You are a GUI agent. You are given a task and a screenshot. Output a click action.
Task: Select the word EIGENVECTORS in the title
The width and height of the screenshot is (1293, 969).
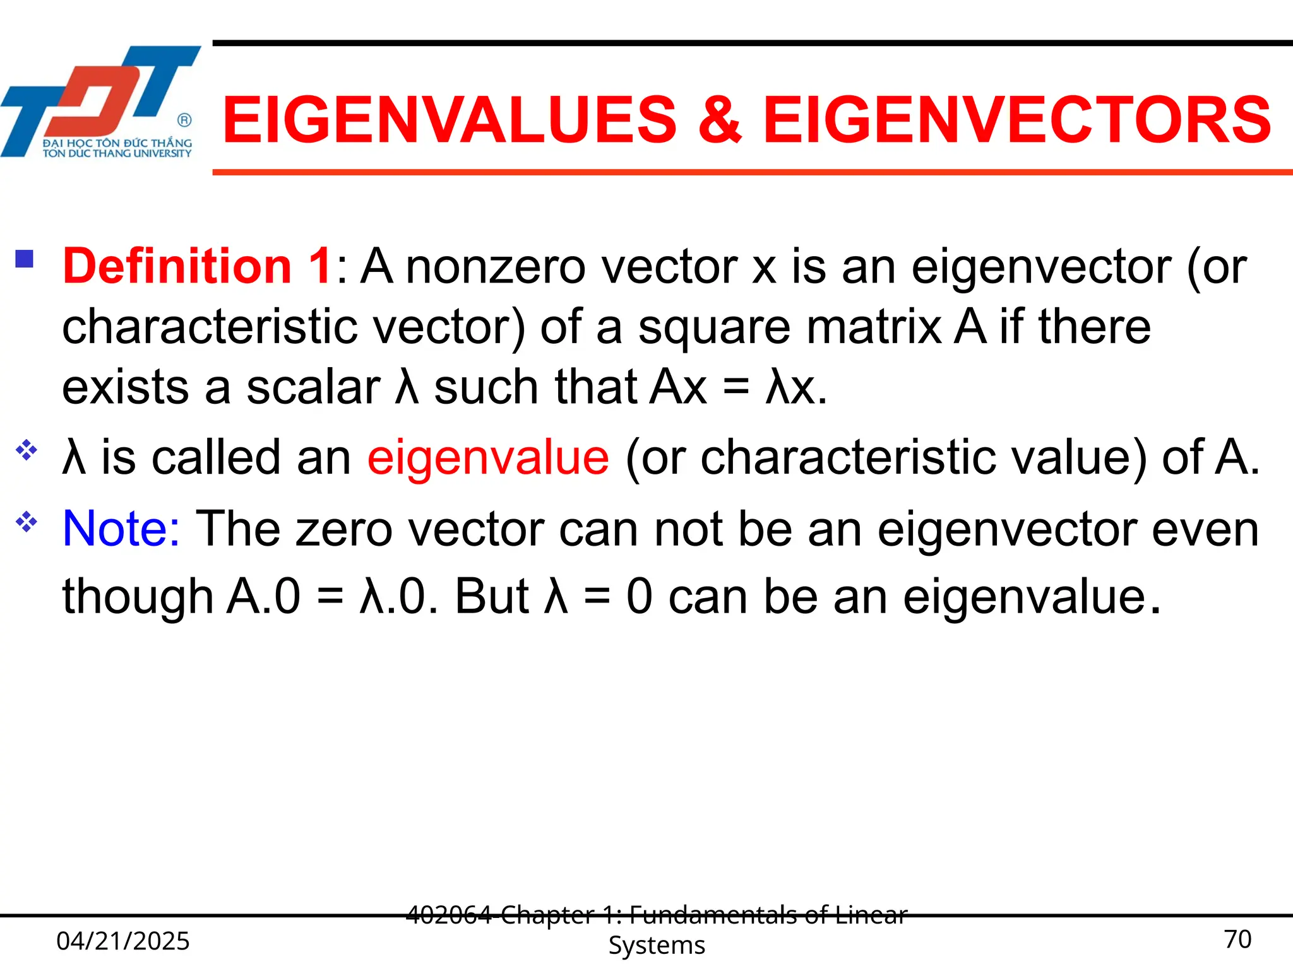click(1017, 120)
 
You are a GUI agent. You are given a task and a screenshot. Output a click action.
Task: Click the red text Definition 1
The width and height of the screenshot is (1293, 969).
click(197, 266)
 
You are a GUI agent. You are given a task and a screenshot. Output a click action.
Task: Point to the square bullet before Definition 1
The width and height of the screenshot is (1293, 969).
click(25, 259)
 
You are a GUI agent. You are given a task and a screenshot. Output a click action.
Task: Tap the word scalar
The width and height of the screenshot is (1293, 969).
click(313, 387)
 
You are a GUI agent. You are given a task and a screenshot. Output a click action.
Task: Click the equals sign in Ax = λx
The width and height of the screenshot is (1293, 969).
click(736, 387)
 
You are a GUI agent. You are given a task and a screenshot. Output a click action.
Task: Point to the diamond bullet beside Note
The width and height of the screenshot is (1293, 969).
click(27, 522)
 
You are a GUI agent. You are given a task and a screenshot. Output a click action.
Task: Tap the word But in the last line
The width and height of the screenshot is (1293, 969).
click(492, 596)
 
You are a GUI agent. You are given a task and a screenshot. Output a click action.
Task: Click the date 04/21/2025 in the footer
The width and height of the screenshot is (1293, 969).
click(123, 941)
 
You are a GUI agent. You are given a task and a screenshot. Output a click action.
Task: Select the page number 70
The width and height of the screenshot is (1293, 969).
click(1237, 939)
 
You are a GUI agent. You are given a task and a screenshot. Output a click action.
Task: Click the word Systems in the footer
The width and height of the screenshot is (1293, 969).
click(657, 946)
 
